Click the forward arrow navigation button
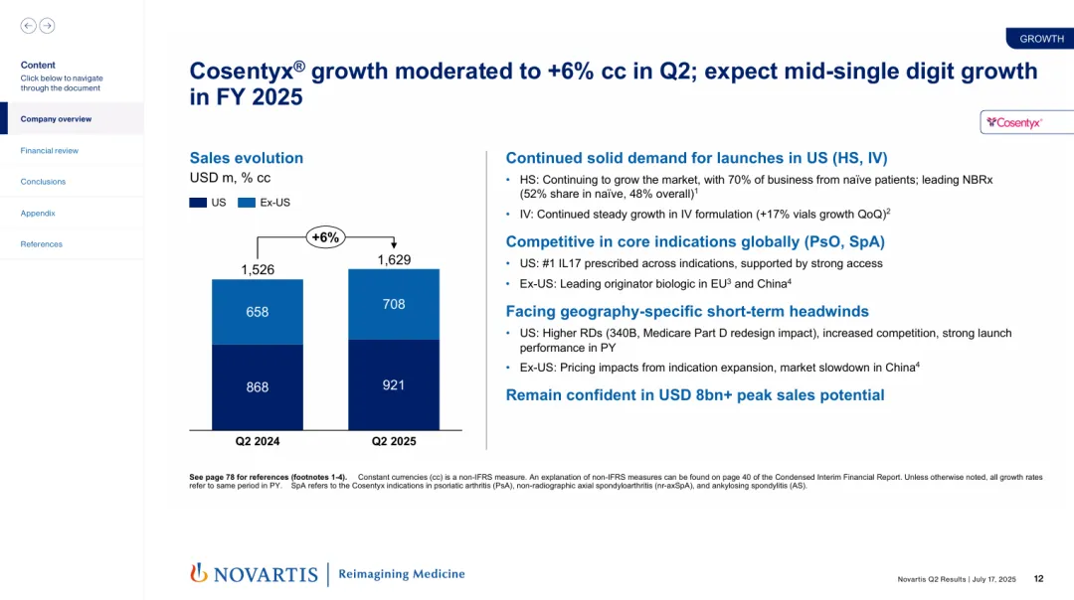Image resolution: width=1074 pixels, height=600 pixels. pos(47,26)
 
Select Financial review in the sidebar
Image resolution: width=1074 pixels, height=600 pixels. pos(50,151)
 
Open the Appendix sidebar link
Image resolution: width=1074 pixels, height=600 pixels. pos(38,214)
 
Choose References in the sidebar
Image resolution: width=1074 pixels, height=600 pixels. pos(42,244)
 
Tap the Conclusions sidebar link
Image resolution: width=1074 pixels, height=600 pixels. pos(43,182)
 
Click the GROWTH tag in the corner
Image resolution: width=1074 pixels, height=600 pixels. pos(1041,39)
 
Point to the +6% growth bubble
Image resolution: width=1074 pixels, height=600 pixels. pos(325,236)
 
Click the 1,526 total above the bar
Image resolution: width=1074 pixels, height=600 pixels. pos(258,269)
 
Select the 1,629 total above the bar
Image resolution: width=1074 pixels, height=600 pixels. pos(394,259)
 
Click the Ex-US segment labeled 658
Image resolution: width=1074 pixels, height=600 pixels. pos(258,312)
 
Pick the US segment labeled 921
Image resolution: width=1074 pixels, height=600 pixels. pos(394,384)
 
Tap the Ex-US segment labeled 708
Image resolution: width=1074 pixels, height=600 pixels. pos(394,304)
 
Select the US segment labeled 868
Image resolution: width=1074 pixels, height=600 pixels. pos(258,387)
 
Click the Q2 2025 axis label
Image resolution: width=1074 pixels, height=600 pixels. pos(394,441)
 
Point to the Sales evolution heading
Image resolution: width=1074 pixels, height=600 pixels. pos(247,158)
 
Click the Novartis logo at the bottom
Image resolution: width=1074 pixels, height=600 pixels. pos(254,573)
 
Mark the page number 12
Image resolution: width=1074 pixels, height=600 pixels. pos(1038,578)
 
